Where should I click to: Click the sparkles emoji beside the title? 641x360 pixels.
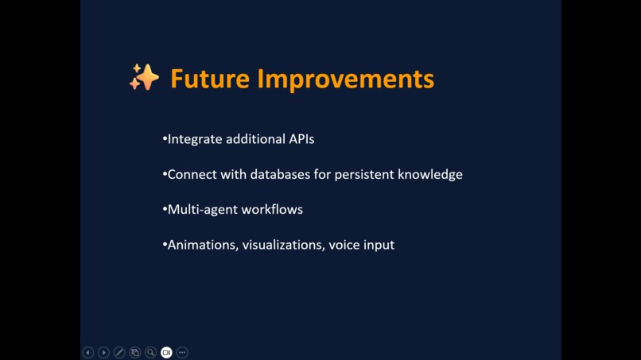point(144,78)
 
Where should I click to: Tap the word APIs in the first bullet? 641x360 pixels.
point(301,139)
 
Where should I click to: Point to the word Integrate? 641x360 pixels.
point(195,139)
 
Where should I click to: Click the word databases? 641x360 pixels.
point(281,174)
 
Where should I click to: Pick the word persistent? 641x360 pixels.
point(364,174)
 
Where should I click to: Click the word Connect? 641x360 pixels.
point(191,174)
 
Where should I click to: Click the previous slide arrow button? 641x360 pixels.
point(88,352)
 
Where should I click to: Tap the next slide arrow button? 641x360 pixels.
point(103,352)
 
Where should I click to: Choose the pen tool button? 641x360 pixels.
point(119,352)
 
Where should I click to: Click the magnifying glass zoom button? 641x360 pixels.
point(150,352)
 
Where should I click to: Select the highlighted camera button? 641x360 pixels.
point(166,352)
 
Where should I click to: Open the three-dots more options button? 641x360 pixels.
point(182,352)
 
